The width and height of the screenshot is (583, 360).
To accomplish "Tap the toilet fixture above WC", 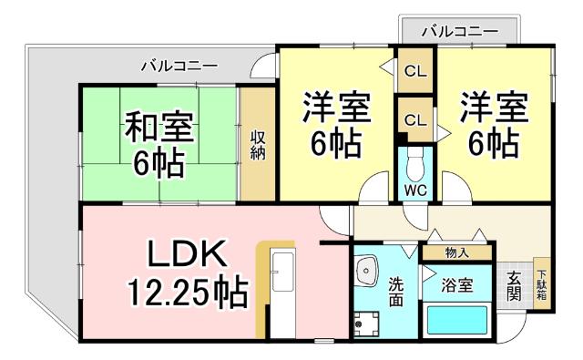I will pyautogui.click(x=415, y=166).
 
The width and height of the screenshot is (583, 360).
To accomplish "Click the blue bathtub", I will pyautogui.click(x=457, y=322).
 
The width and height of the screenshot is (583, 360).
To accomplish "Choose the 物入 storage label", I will pyautogui.click(x=456, y=252).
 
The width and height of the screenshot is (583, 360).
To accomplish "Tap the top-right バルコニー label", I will pyautogui.click(x=460, y=31).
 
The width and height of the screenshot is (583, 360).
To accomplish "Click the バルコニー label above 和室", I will pyautogui.click(x=179, y=66).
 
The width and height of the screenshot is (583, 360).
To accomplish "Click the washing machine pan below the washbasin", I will pyautogui.click(x=369, y=322).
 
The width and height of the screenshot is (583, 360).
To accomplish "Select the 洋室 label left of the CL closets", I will pyautogui.click(x=336, y=108).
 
